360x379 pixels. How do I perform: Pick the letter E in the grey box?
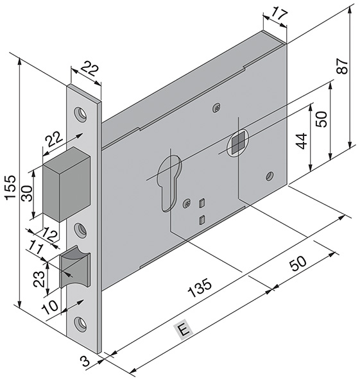coord(183,330)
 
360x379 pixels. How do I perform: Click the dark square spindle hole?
coord(237,144)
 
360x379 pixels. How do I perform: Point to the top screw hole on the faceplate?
coord(81,114)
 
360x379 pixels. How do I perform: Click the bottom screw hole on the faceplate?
coord(81,324)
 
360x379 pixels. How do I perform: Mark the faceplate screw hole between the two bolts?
coord(81,228)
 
